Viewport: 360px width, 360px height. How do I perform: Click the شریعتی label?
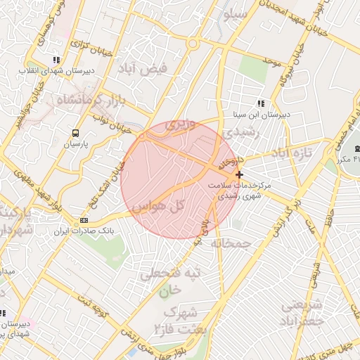tap(303, 305)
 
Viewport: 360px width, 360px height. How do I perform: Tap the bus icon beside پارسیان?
tap(75, 132)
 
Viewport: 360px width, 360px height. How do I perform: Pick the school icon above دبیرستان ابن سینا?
tap(261, 103)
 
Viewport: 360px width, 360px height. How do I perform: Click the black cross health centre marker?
tap(240, 174)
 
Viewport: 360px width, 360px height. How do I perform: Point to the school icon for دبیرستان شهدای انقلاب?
tap(56, 60)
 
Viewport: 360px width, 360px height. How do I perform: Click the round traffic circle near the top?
tap(192, 44)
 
